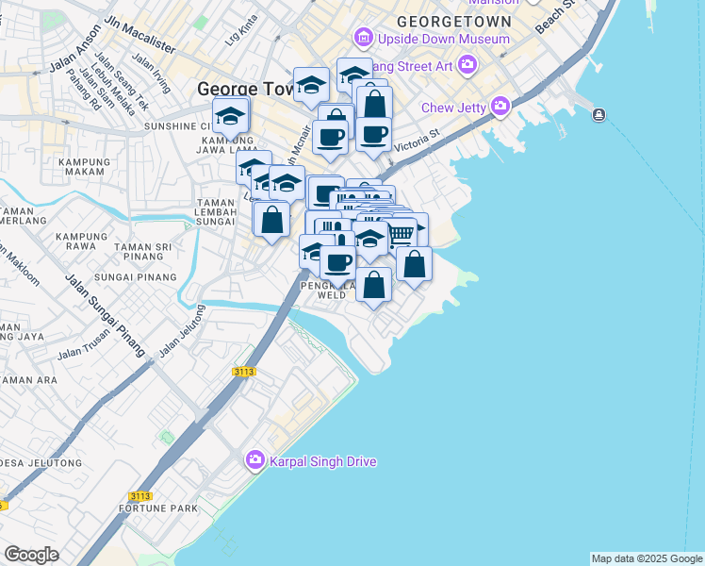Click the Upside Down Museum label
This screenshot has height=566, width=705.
tap(443, 40)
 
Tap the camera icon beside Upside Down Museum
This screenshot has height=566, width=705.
tap(363, 39)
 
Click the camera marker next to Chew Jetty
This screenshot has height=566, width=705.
tap(500, 106)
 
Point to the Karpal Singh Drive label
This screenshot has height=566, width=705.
tap(323, 461)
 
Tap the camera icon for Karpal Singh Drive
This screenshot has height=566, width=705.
tap(254, 461)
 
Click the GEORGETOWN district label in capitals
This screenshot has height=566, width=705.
tap(454, 21)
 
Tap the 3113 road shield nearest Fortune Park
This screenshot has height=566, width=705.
tap(140, 496)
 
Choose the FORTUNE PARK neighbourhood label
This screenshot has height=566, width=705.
tap(158, 508)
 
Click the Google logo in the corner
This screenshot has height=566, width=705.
tap(31, 555)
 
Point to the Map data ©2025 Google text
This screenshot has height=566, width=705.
tap(646, 558)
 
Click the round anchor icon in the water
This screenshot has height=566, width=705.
tap(599, 115)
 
